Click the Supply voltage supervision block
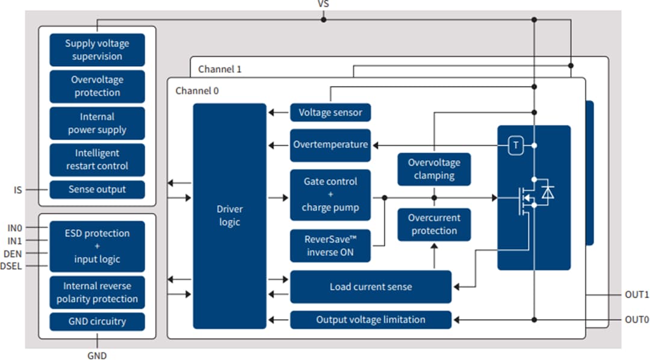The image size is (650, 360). tap(97, 50)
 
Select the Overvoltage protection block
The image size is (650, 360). tap(97, 86)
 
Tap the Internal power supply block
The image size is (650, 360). tap(97, 123)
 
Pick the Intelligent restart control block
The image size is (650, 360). tap(97, 160)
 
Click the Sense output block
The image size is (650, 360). tap(97, 189)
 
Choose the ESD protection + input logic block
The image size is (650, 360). tap(97, 246)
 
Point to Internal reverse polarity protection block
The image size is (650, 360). tap(97, 292)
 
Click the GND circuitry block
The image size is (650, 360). tap(97, 321)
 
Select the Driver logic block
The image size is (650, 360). tap(229, 216)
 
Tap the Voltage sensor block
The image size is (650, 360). tap(330, 112)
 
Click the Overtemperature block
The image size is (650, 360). tap(330, 145)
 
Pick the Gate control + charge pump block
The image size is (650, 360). tap(330, 194)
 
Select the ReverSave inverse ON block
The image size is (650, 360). tap(330, 246)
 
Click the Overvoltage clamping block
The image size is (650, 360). tap(434, 169)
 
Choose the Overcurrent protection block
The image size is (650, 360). tap(434, 225)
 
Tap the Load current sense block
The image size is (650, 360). tap(371, 287)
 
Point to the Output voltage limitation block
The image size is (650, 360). tap(371, 320)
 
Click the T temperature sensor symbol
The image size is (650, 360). tap(516, 145)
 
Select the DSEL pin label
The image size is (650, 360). tap(11, 266)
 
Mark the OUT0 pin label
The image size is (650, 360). tap(637, 320)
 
